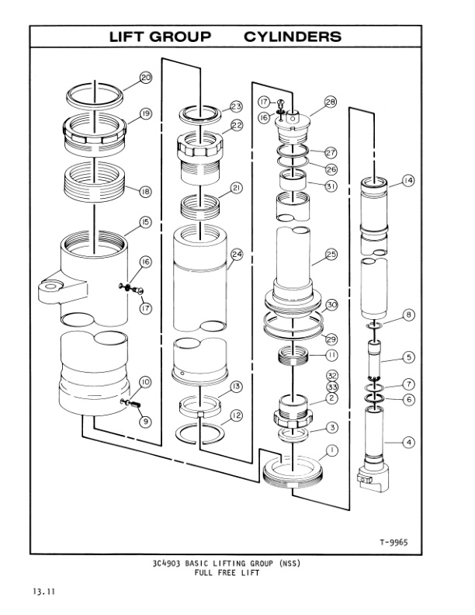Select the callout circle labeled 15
coord(144,222)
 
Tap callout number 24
coord(237,255)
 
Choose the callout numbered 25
coord(331,254)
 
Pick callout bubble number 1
coord(331,450)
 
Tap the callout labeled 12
coord(236,415)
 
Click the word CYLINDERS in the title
coord(293,36)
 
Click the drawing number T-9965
coord(395,543)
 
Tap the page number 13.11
coord(41,594)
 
